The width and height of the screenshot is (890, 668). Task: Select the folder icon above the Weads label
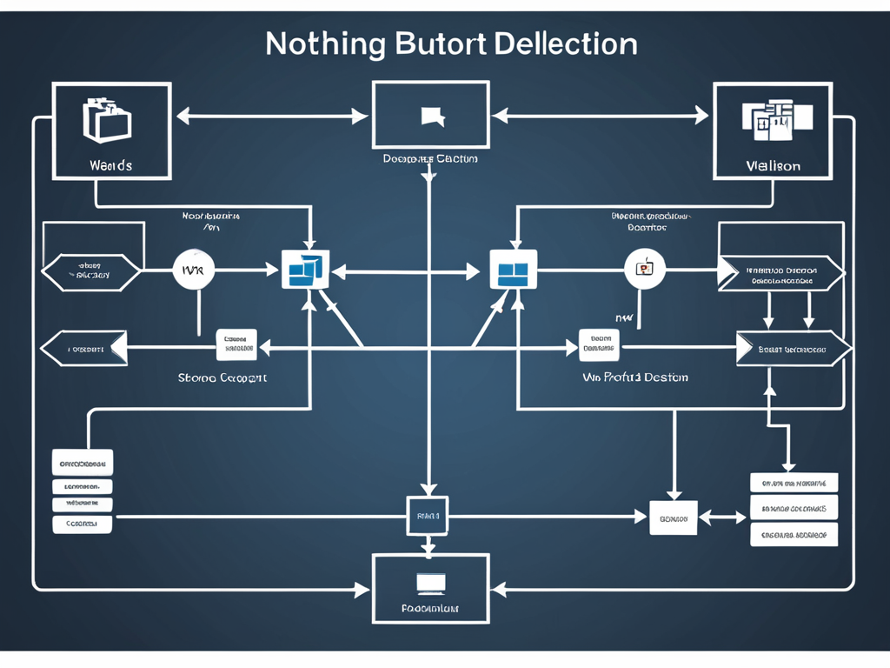[106, 120]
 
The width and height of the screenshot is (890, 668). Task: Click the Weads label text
[110, 164]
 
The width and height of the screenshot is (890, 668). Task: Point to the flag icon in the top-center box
[431, 116]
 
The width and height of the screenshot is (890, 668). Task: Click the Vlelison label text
[773, 165]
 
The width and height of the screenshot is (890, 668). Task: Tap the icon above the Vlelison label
[776, 119]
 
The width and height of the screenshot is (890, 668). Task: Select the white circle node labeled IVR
[193, 271]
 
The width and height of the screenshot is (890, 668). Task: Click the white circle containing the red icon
[645, 269]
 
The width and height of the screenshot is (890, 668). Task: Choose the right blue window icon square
[513, 270]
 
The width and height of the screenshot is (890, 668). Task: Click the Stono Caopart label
[222, 378]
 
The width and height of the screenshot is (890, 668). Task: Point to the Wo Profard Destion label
[634, 377]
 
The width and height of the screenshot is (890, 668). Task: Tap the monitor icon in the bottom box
[430, 582]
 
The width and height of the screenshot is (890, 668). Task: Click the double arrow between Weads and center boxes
[271, 115]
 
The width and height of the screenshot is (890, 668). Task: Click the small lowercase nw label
[624, 318]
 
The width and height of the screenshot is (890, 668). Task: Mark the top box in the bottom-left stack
[83, 462]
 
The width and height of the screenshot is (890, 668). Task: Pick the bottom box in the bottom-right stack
[794, 534]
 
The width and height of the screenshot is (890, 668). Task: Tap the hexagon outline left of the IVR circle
[90, 272]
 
